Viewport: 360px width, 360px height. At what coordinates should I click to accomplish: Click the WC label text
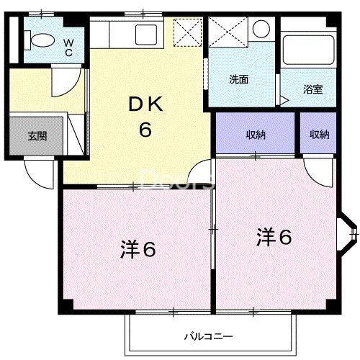click(x=68, y=47)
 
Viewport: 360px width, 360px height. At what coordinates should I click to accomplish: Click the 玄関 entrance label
click(x=37, y=135)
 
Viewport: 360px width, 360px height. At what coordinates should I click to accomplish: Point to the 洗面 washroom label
click(x=239, y=79)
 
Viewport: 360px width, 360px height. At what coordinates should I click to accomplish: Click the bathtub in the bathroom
click(x=307, y=50)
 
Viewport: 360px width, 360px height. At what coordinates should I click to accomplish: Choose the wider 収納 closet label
click(x=256, y=134)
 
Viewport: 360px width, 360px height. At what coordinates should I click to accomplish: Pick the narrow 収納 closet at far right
click(x=319, y=134)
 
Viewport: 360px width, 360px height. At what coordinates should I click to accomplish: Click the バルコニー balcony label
click(x=207, y=336)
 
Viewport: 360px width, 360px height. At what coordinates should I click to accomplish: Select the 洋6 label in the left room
click(x=138, y=250)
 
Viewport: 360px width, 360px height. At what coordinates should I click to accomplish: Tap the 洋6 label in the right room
click(x=274, y=237)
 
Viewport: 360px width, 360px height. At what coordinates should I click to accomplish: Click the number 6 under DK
click(x=145, y=132)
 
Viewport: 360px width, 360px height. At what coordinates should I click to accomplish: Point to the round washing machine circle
click(x=261, y=30)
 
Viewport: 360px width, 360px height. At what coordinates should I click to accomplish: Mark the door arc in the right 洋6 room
click(x=314, y=171)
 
